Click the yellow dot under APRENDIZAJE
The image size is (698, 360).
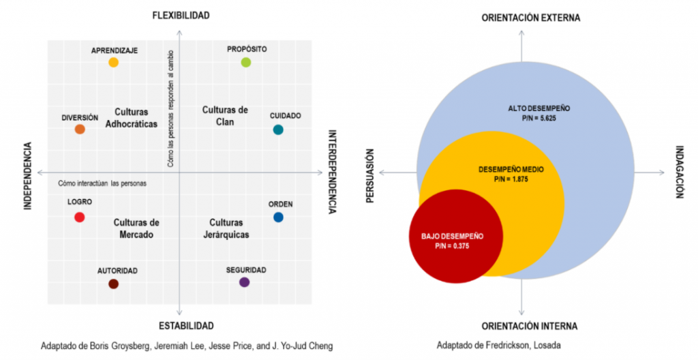[114, 62]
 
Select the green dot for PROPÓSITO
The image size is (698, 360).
[246, 62]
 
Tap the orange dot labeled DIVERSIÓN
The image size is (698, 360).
[80, 130]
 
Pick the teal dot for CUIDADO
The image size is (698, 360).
[278, 130]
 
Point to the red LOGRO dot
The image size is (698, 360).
[80, 217]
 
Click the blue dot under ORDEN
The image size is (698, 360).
[278, 217]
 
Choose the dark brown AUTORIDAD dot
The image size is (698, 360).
[114, 284]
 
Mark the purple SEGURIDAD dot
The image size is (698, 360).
[245, 282]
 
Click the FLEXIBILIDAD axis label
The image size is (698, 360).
[181, 16]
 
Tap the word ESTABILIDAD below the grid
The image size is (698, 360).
[186, 326]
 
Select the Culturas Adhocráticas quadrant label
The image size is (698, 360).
[132, 118]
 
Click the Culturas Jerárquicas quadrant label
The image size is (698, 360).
[226, 228]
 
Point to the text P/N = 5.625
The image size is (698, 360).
[539, 119]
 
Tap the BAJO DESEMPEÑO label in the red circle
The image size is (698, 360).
[453, 237]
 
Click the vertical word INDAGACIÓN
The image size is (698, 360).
[680, 172]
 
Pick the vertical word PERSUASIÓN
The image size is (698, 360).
[369, 176]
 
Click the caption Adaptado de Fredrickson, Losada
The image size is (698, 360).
[498, 345]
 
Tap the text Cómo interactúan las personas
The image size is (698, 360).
[102, 183]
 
